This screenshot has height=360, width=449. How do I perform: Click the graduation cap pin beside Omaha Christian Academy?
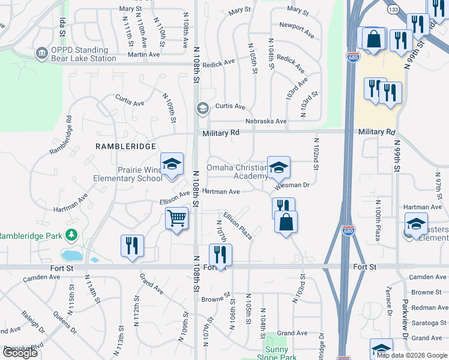pos(279,168)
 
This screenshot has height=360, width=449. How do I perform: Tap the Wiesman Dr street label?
pos(292,186)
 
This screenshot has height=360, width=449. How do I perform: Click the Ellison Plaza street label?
pos(237,226)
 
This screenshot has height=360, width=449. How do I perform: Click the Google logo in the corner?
pos(20,352)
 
